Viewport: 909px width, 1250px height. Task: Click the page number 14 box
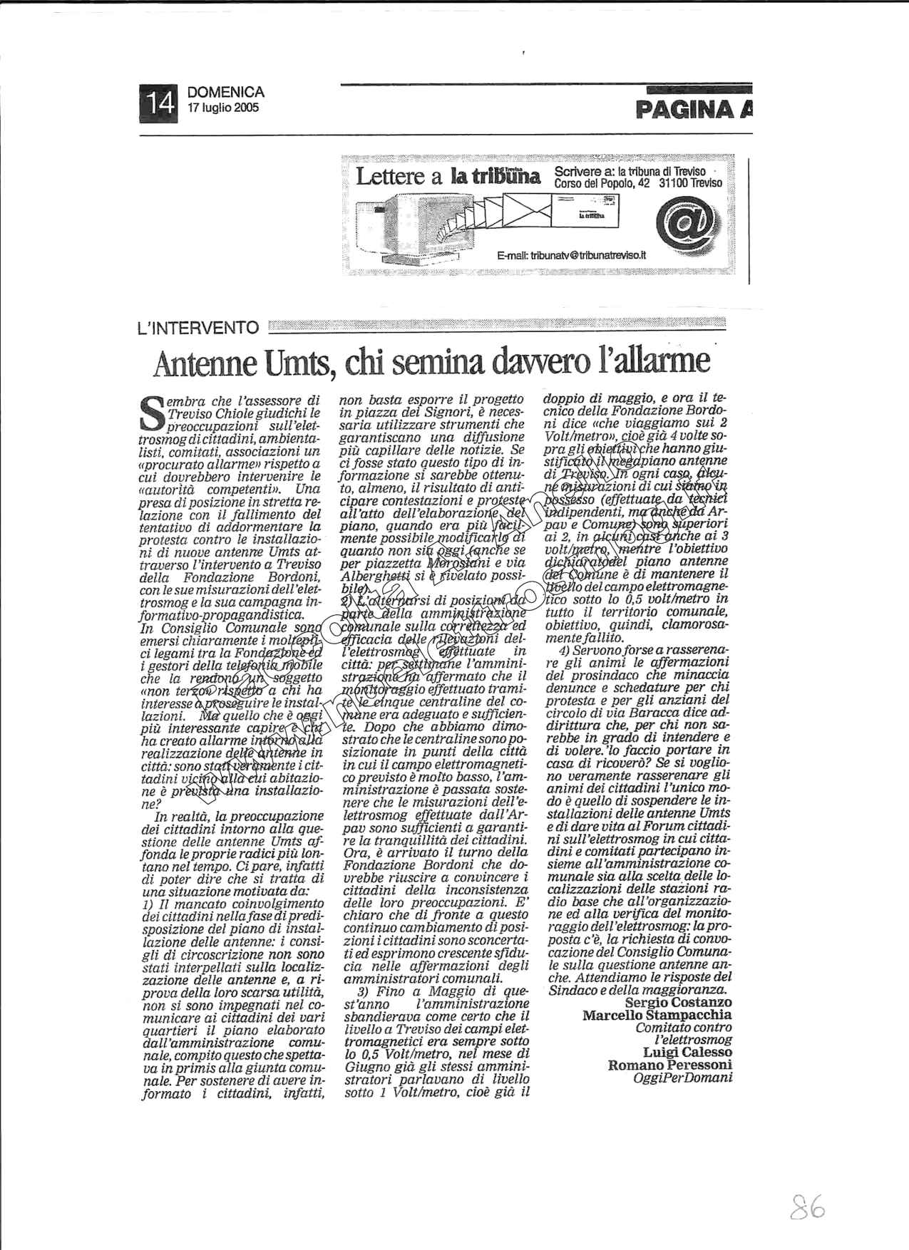point(157,100)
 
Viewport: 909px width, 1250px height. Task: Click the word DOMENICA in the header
point(225,93)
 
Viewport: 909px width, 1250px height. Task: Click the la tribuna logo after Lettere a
point(495,176)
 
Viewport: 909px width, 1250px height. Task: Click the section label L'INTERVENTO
point(197,327)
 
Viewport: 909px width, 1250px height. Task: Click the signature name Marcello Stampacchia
point(657,1015)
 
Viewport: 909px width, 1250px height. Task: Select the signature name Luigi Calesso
point(687,1052)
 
